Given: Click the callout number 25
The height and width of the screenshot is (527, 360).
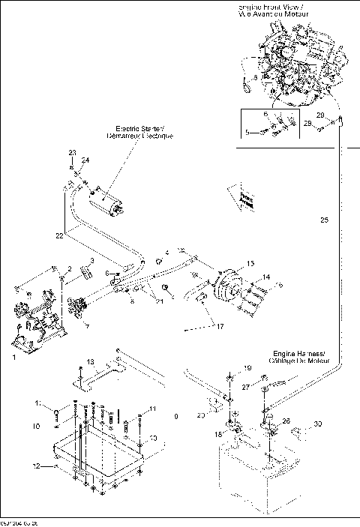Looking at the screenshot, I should (324, 220).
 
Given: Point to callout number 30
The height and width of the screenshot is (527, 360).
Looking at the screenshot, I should (319, 425).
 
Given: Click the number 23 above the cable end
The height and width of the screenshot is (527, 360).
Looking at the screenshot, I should (72, 153).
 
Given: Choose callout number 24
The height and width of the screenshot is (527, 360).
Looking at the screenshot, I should (85, 160).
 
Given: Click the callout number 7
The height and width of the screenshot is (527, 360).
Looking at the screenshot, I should (87, 327).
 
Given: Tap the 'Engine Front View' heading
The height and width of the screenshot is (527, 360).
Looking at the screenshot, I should (291, 7).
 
